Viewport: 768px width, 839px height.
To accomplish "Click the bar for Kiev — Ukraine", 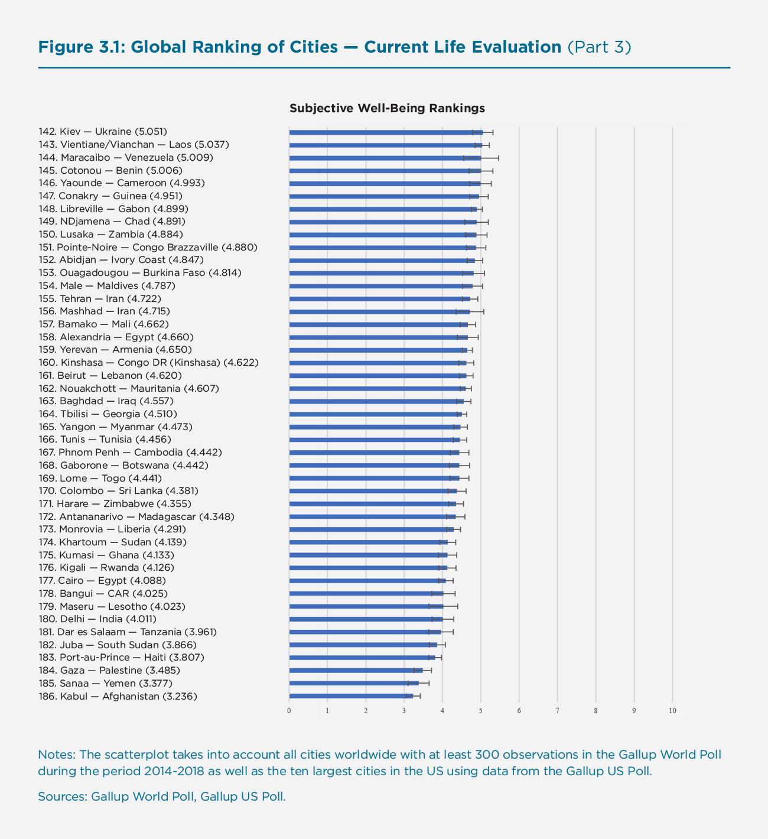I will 386,132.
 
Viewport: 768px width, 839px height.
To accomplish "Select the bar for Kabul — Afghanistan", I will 351,696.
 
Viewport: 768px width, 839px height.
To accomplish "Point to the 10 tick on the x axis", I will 672,710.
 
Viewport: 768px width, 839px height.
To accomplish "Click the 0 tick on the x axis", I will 289,710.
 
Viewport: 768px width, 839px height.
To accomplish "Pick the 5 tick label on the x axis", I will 481,710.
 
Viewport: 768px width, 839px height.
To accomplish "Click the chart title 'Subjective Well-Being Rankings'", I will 387,108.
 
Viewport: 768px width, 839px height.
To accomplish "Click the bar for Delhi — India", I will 366,619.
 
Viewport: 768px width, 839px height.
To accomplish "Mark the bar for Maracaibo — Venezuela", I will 385,158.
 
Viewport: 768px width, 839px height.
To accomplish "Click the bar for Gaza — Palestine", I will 356,670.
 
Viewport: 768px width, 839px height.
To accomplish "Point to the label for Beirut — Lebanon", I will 110,375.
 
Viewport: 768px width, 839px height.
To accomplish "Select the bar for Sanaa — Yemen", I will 354,683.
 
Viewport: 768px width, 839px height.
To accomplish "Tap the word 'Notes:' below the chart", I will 56,755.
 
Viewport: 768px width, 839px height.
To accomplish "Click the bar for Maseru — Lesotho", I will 366,606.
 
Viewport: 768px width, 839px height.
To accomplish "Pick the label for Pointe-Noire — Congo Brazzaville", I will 148,247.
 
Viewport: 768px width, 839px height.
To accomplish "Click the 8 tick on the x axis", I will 595,710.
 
